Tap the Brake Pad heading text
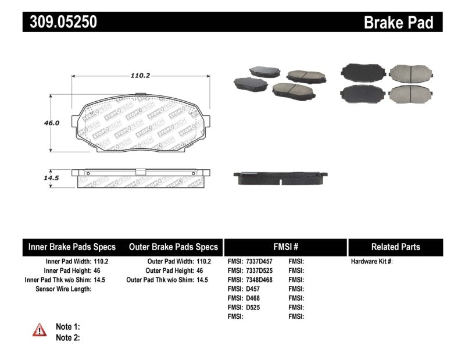[398, 22]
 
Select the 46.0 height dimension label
[52, 123]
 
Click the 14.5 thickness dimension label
[52, 178]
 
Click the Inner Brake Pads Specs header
[72, 247]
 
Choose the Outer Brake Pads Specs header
[173, 247]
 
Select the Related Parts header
[395, 247]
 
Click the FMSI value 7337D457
[259, 261]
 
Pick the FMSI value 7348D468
[259, 280]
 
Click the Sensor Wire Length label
[63, 288]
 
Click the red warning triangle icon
[40, 330]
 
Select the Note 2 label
[67, 337]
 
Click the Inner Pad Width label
[67, 261]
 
